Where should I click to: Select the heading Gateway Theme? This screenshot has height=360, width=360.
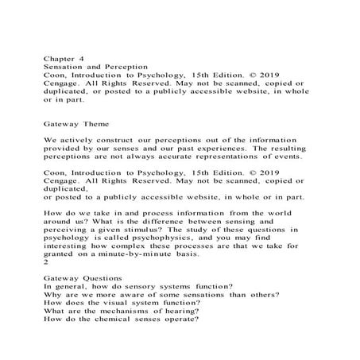79,123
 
